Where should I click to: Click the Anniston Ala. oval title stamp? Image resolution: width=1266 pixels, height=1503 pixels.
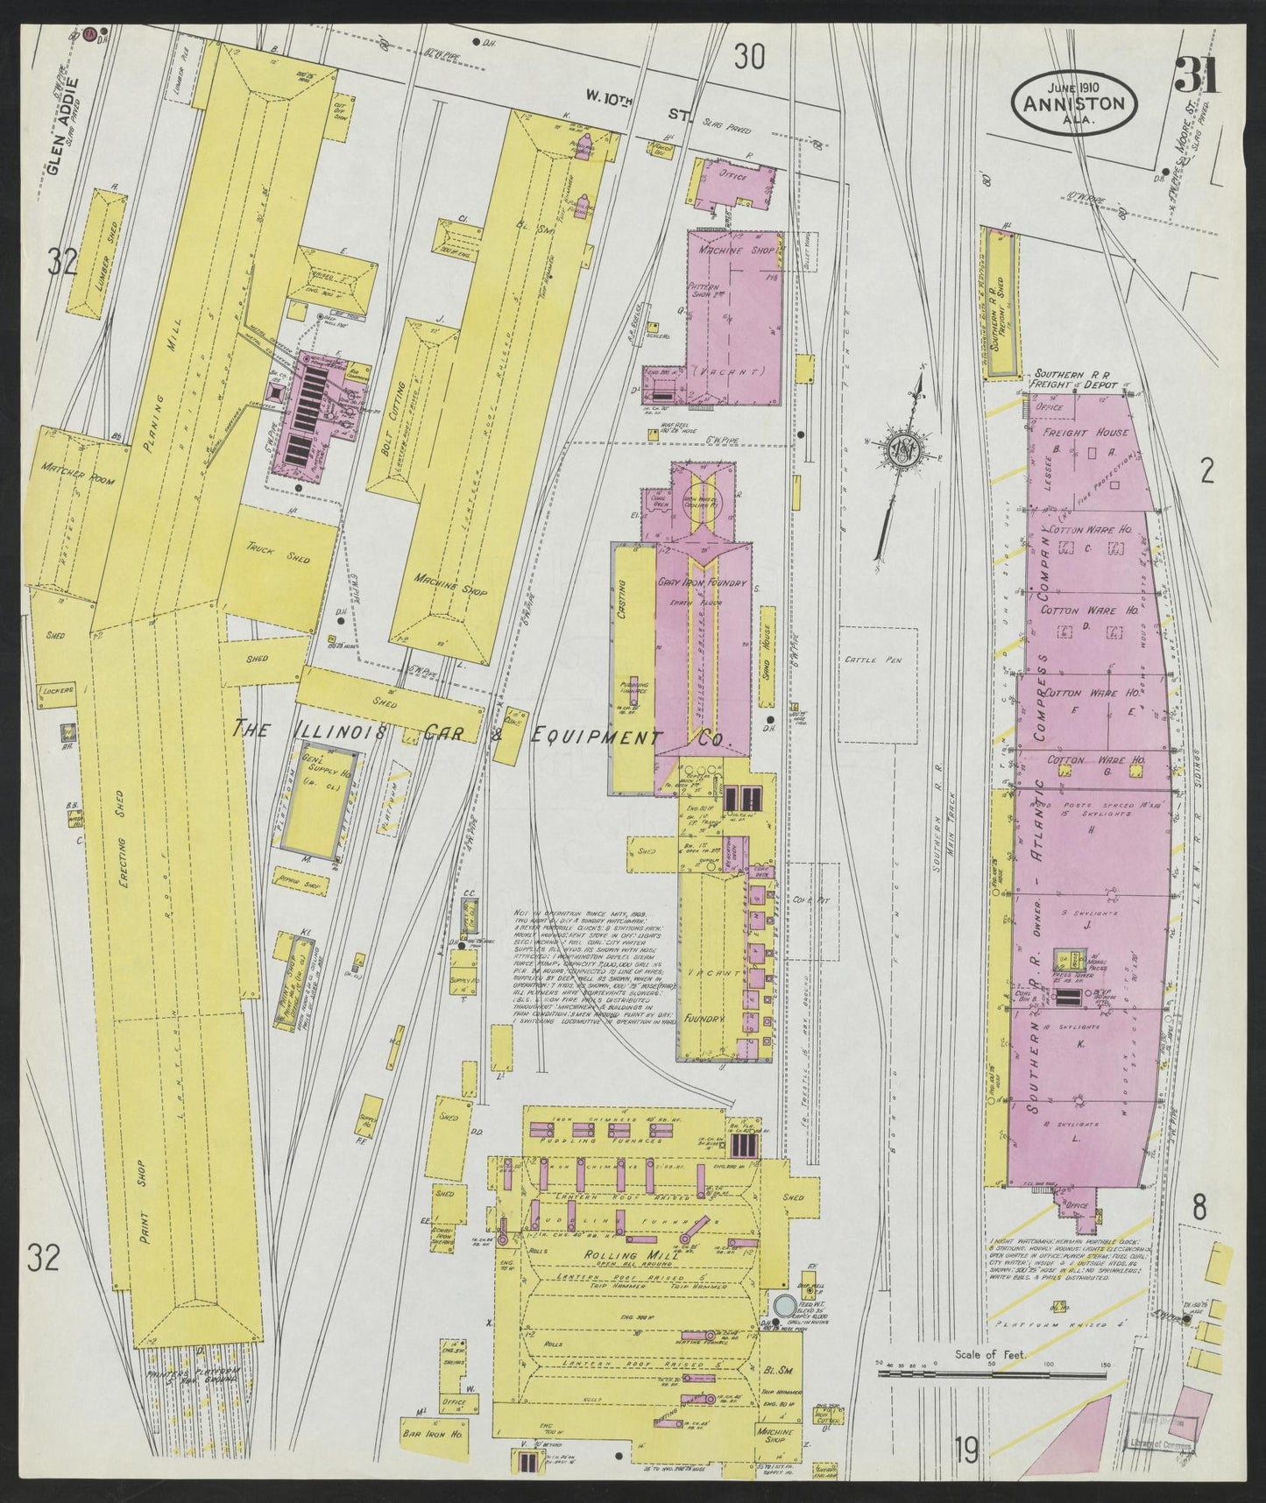click(1076, 102)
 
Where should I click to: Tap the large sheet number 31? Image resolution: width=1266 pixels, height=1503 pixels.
click(1197, 77)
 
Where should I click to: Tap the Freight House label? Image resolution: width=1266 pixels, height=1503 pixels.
click(1085, 433)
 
